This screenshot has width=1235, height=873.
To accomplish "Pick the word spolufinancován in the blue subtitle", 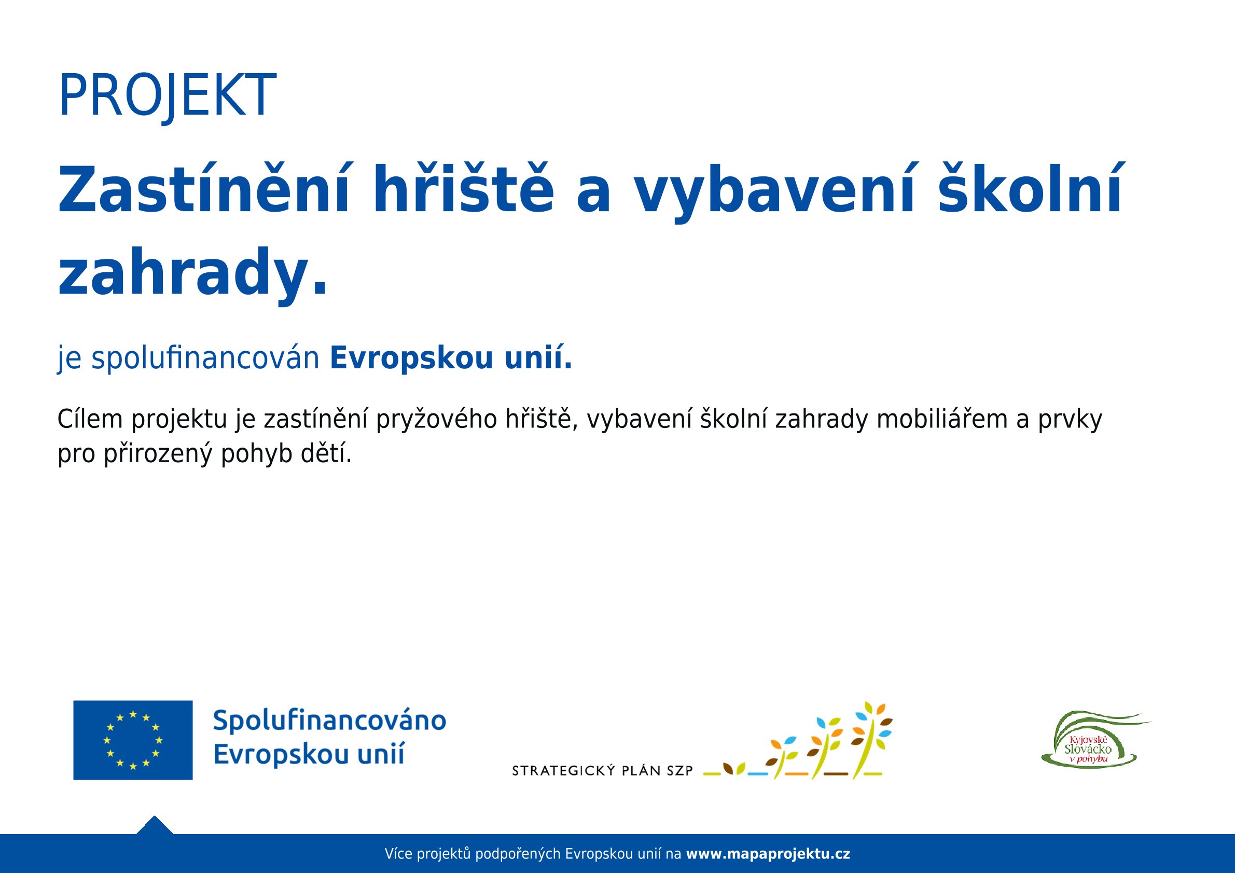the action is pos(205,359).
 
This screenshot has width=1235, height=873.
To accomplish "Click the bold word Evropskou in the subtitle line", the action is pos(411,359).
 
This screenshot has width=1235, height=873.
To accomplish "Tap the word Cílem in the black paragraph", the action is pos(90,419).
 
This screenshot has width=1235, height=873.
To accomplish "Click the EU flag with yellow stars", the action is pos(133,740).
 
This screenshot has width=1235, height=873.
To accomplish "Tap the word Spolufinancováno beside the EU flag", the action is pos(330,721).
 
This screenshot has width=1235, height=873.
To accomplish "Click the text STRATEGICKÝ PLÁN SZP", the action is pos(602,771).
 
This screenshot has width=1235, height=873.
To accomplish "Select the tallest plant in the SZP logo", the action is pos(871,740).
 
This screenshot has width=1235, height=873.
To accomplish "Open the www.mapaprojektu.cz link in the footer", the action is pos(768,854).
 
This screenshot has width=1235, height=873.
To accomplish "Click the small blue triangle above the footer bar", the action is pos(155,825).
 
